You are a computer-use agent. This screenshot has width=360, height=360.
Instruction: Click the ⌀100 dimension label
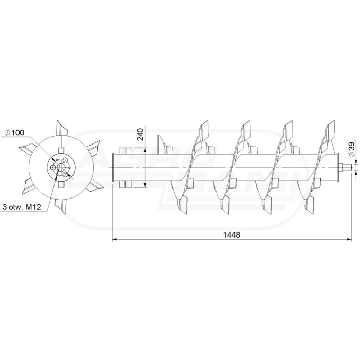point(14,133)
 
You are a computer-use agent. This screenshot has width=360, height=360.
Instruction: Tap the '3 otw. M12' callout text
point(22,207)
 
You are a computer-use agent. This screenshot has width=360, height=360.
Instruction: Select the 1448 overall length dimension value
point(231,235)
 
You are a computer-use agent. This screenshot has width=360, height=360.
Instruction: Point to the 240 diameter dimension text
point(140,134)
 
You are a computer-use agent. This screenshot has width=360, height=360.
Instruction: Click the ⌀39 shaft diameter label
point(351,150)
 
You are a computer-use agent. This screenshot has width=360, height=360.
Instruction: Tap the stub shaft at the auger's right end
point(346,167)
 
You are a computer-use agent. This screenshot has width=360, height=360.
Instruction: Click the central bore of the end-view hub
point(61,167)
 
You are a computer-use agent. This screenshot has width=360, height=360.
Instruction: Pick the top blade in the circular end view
point(62,129)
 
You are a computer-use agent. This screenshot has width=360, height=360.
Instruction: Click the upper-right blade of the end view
point(94,148)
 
